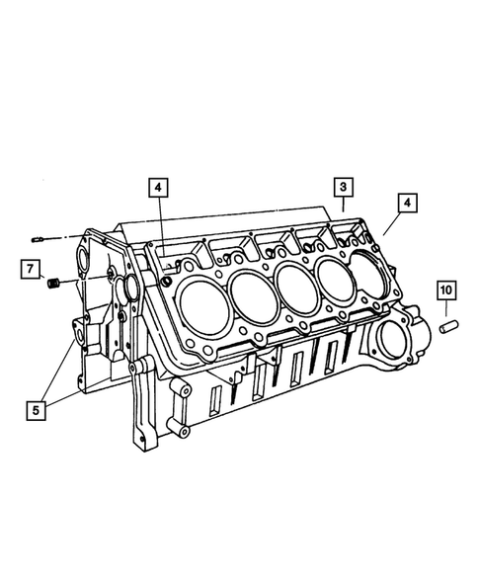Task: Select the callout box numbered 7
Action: [x=31, y=269]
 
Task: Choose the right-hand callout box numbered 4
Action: [x=407, y=203]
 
